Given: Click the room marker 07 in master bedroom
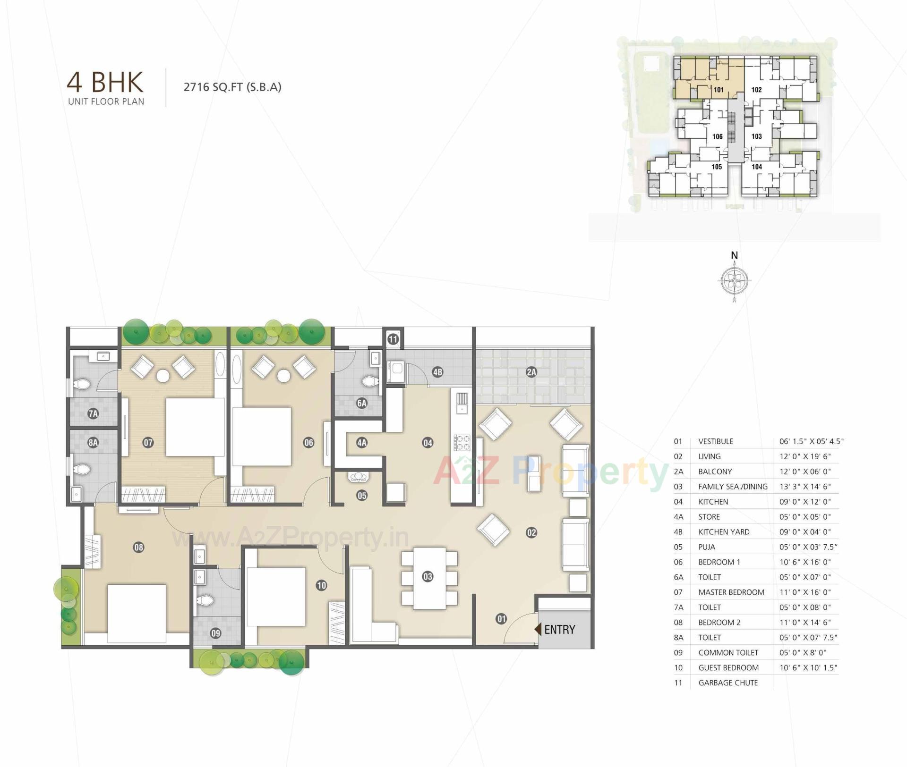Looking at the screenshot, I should [x=148, y=443].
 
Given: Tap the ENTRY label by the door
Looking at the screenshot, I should [x=559, y=629].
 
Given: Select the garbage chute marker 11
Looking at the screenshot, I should [x=393, y=339].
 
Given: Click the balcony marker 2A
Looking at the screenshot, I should [x=531, y=372].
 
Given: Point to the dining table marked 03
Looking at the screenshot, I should [x=428, y=577].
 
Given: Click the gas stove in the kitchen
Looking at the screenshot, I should [x=462, y=443].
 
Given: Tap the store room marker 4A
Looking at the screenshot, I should [x=362, y=443].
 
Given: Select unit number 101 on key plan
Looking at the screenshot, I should [x=719, y=90].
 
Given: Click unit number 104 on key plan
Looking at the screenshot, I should [x=756, y=167].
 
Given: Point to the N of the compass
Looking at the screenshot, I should [x=734, y=255].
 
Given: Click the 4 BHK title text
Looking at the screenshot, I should [x=105, y=82].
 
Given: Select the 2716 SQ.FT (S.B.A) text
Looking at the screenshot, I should [x=232, y=87].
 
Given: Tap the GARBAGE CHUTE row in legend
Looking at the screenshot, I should [x=728, y=683].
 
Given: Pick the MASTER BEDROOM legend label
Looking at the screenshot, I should [x=731, y=592].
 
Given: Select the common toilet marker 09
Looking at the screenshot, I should [x=216, y=633].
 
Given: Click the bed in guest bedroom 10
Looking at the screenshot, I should [x=276, y=597].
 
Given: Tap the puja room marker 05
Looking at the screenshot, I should [x=362, y=496].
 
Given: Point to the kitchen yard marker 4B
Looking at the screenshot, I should [x=437, y=372].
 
